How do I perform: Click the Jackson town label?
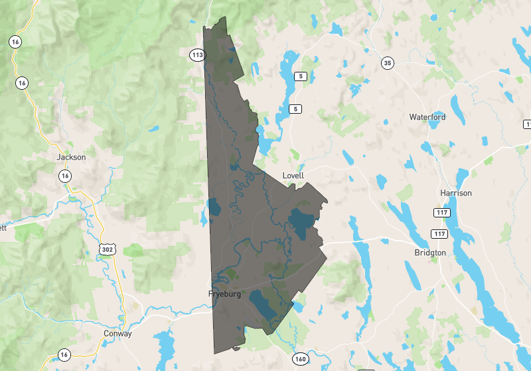click(71, 157)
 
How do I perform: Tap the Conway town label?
click(117, 334)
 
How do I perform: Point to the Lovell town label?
click(293, 176)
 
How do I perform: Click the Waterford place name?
click(427, 117)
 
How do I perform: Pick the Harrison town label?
click(455, 193)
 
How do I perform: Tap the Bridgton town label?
click(429, 253)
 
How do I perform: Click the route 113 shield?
click(196, 55)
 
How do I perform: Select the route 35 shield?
click(388, 63)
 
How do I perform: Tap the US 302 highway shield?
click(107, 249)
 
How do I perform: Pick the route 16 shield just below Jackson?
click(64, 176)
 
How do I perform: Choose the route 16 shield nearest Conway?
click(64, 354)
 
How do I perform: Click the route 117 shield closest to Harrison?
click(442, 213)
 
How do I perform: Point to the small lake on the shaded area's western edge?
click(214, 209)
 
